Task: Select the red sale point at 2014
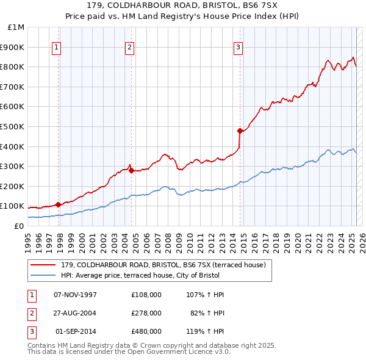240,130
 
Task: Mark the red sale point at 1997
58,204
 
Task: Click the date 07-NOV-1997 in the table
76,295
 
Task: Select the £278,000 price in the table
146,313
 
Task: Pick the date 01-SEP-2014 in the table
76,331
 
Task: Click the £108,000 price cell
146,295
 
